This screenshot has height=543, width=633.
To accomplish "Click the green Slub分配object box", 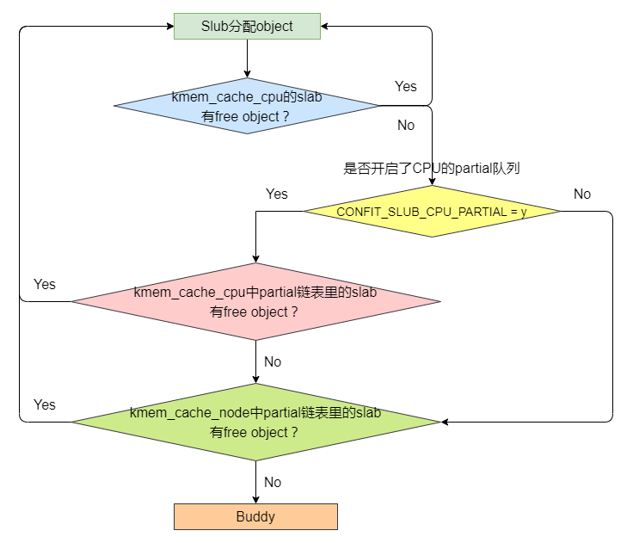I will (x=247, y=27).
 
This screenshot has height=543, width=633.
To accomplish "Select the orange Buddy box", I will (x=255, y=516).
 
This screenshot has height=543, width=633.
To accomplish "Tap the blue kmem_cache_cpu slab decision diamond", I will (x=247, y=106).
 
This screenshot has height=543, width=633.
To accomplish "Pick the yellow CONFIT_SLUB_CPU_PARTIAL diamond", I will (x=432, y=212).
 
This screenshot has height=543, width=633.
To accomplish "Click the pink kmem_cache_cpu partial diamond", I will (x=255, y=302).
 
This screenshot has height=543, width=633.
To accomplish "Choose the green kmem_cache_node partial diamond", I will (x=255, y=422).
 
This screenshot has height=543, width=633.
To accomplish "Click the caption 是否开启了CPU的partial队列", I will (x=432, y=169).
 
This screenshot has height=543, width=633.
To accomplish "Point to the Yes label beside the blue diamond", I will (x=406, y=86).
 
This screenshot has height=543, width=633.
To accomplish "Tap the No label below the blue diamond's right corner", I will (x=406, y=126).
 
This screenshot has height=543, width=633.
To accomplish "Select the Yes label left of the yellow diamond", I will (x=277, y=194).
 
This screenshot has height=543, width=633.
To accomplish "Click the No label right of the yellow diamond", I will (x=582, y=194).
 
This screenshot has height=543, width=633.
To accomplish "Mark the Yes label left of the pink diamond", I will (x=45, y=285).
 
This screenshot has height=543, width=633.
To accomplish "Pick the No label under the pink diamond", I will (x=273, y=362).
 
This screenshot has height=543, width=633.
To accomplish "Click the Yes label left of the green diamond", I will (x=45, y=404).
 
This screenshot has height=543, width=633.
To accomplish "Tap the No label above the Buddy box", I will (x=273, y=483).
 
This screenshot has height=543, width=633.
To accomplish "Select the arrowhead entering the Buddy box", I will (x=255, y=499).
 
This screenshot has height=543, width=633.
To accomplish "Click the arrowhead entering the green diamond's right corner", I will (x=446, y=422).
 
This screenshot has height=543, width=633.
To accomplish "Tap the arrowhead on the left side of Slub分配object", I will (x=169, y=27).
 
